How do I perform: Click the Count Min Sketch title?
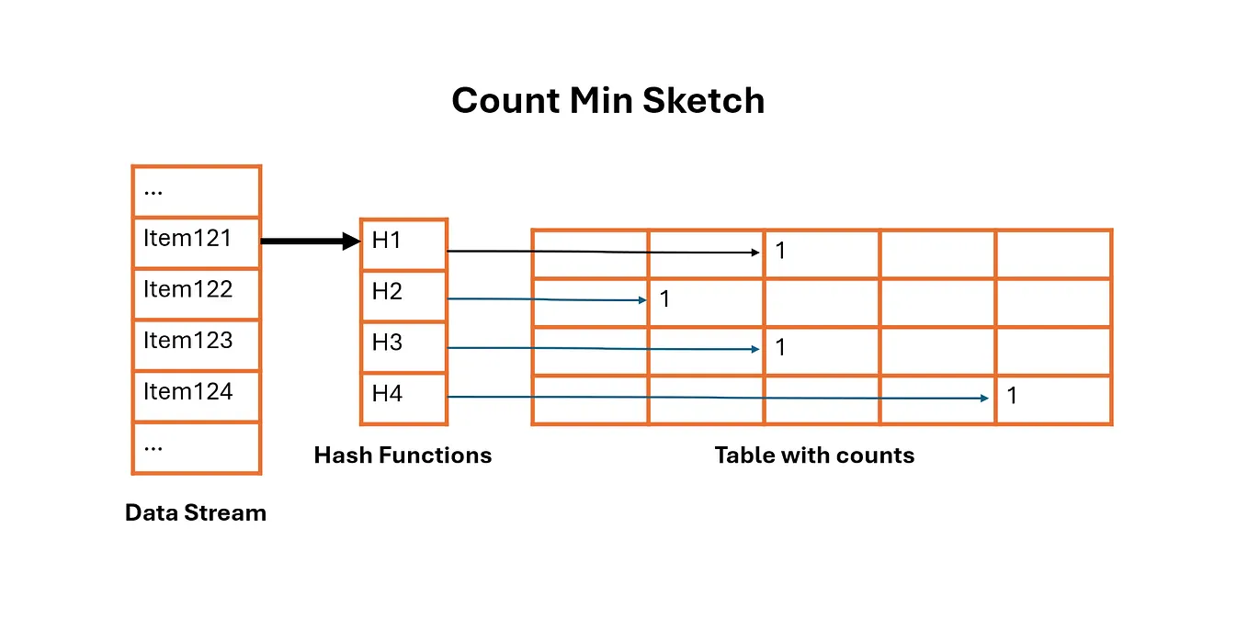click(607, 101)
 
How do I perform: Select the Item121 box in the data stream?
click(197, 242)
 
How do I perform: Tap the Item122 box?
click(197, 294)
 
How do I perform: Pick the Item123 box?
click(197, 345)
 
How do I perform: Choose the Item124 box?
click(197, 397)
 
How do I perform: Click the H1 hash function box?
click(403, 244)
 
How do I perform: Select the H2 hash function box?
click(403, 296)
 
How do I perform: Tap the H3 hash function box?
click(403, 347)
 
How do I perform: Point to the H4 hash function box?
click(403, 399)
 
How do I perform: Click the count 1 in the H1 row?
click(780, 251)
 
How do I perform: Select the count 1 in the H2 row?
click(665, 299)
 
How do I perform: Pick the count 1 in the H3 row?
click(780, 348)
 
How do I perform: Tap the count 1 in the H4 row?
click(1012, 397)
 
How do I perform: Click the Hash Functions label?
click(403, 455)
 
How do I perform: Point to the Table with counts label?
click(814, 455)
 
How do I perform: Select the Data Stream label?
click(196, 513)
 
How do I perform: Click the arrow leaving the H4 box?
click(717, 398)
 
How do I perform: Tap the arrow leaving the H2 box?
click(548, 299)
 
